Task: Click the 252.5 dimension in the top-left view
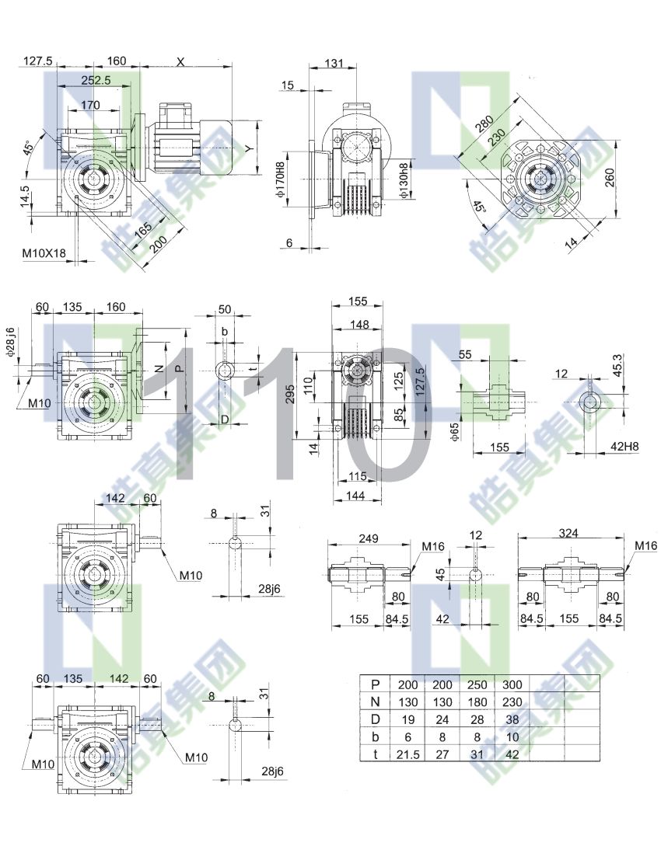(96, 80)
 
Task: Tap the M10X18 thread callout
(44, 253)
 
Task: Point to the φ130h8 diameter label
(404, 181)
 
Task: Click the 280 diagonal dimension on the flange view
(484, 123)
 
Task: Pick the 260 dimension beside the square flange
(610, 177)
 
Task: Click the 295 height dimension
(290, 395)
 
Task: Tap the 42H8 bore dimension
(624, 446)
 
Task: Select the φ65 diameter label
(454, 432)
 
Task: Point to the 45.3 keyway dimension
(617, 364)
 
